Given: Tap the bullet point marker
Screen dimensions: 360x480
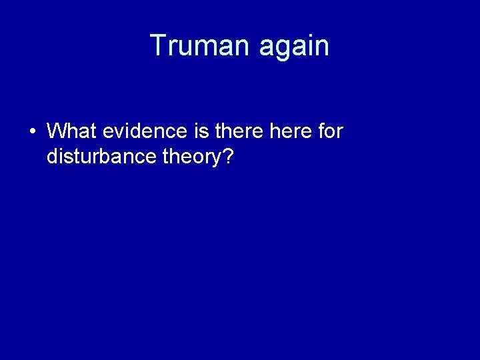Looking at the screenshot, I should (33, 131).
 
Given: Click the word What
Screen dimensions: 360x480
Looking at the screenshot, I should (72, 131).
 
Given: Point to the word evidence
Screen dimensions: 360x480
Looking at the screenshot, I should (144, 131).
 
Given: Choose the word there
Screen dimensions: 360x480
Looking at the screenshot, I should (240, 131).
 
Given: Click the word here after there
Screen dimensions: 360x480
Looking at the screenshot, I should (291, 131).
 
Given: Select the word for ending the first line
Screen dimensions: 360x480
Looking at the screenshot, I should (331, 131).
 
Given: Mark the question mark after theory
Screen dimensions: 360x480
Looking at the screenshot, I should (228, 157).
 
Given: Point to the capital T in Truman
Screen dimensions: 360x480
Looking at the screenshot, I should (158, 45).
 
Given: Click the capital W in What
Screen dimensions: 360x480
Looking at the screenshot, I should (56, 131).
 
